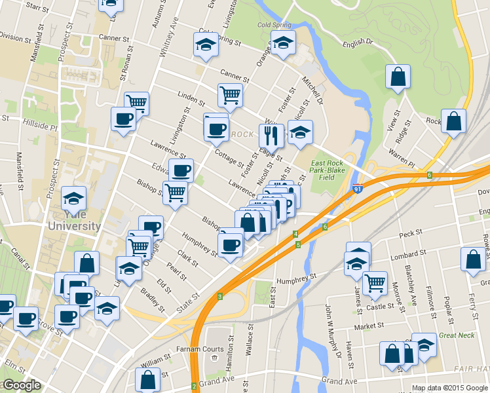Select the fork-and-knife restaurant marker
(271, 136)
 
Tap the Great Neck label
(457, 335)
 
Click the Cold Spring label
(273, 26)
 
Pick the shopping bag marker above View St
(398, 77)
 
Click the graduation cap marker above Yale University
(74, 198)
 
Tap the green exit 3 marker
(220, 297)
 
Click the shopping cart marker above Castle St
(375, 282)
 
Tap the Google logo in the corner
(22, 385)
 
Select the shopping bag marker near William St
(148, 380)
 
